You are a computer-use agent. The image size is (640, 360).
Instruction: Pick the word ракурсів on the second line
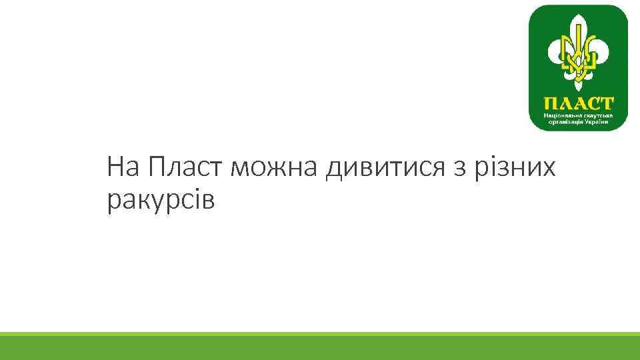coord(161,200)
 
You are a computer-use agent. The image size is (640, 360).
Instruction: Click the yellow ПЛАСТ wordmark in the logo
coord(578,104)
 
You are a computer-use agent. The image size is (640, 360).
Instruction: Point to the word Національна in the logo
coord(561,115)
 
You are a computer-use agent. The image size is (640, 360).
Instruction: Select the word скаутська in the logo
coord(595,115)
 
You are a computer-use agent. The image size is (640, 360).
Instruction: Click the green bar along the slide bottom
coord(320,346)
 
